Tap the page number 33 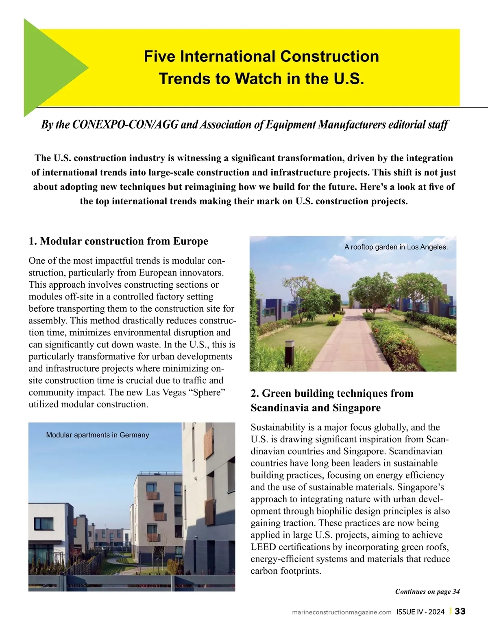point(460,611)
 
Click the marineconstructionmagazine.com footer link point(342,612)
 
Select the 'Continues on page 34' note point(427,592)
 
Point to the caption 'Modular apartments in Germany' point(98,435)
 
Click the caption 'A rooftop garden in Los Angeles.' point(396,247)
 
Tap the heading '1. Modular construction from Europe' point(118,241)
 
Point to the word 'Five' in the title point(160,56)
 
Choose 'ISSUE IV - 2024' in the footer point(420,612)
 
